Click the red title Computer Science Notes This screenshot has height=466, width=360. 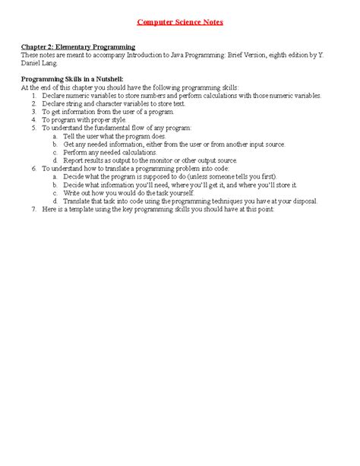coord(180,22)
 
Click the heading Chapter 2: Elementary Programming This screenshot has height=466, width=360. coord(77,46)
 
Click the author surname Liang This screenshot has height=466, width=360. coord(49,63)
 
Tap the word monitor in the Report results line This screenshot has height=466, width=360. coord(175,160)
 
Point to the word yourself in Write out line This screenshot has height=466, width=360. coord(180,193)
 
